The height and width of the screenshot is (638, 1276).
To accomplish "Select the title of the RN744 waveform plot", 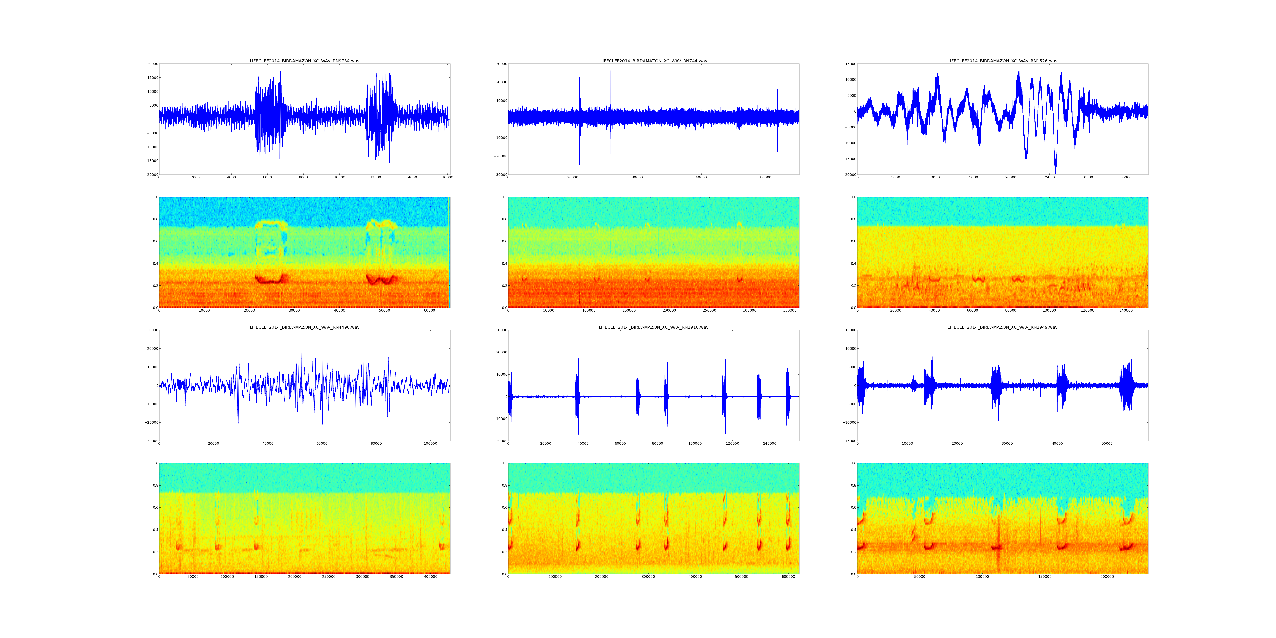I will coord(653,61).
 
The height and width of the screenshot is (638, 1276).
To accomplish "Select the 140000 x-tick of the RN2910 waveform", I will coord(770,443).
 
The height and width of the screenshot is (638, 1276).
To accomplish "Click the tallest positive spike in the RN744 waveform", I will coord(610,71).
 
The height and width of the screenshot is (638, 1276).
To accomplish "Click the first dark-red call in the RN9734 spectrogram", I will coord(268,280).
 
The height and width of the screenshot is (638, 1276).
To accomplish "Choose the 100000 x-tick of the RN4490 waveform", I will coord(430,443).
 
